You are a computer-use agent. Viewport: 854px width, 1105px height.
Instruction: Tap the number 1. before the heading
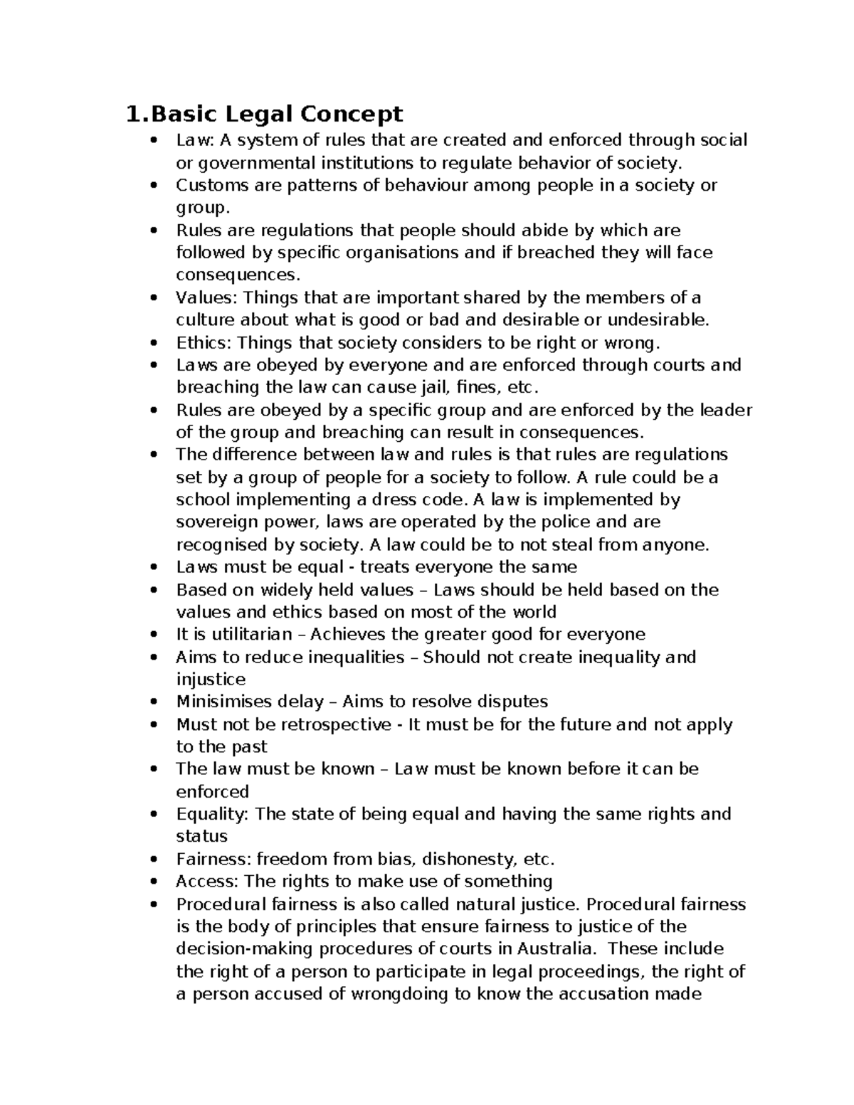136,114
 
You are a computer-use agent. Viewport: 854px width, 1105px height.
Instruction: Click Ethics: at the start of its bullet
204,343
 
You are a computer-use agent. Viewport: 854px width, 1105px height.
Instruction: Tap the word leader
726,410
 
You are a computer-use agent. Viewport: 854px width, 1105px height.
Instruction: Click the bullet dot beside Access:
154,882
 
